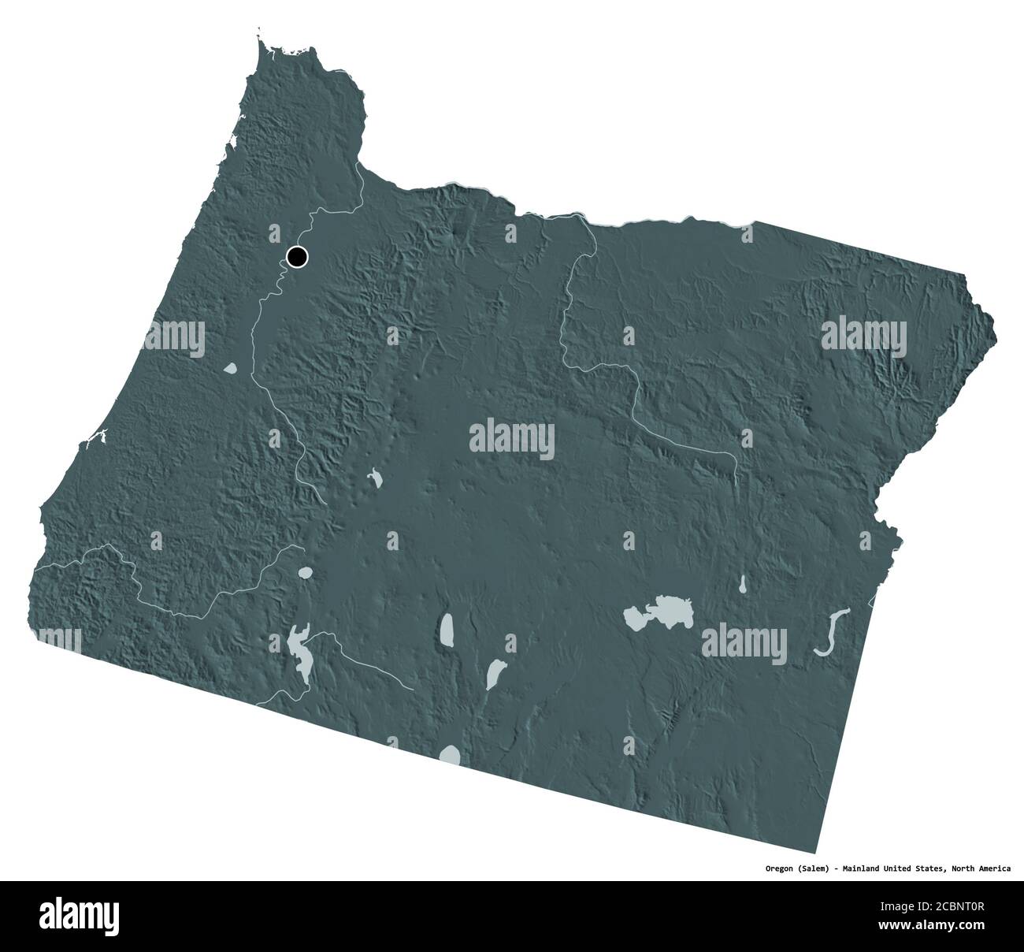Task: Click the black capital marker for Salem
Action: pyautogui.click(x=297, y=257)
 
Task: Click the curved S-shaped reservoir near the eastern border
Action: pyautogui.click(x=832, y=631)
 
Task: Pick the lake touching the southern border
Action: pyautogui.click(x=451, y=755)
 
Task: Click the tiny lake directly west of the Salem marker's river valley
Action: pyautogui.click(x=230, y=367)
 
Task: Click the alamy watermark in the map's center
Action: pyautogui.click(x=512, y=438)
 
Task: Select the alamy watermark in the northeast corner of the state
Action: pyautogui.click(x=864, y=336)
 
